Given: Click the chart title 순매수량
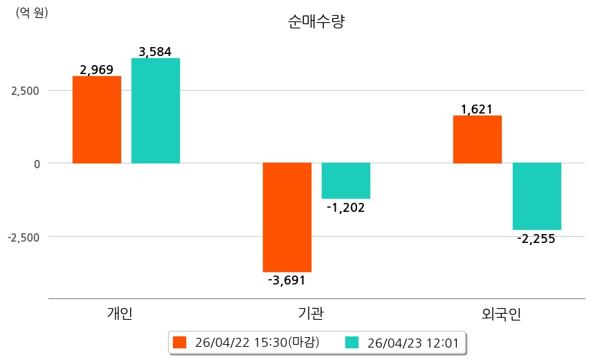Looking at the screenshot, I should (x=316, y=21).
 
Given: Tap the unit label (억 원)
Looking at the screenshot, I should (x=32, y=12).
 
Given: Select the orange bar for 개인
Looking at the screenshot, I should (x=97, y=120).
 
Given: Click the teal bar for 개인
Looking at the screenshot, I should (x=156, y=111).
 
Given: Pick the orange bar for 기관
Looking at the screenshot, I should (x=287, y=217).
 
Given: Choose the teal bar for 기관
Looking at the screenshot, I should (x=346, y=181).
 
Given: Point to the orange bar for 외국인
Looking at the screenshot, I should (x=478, y=139).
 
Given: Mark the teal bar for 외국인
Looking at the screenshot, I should (x=536, y=196).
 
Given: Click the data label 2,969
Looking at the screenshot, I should (x=97, y=69).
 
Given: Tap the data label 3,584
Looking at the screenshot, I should (x=155, y=51).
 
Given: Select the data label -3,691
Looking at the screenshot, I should (x=287, y=280).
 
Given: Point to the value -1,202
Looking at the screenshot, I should (x=345, y=207).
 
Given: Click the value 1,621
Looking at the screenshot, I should (x=477, y=109).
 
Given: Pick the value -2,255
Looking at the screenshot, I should (x=536, y=239).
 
